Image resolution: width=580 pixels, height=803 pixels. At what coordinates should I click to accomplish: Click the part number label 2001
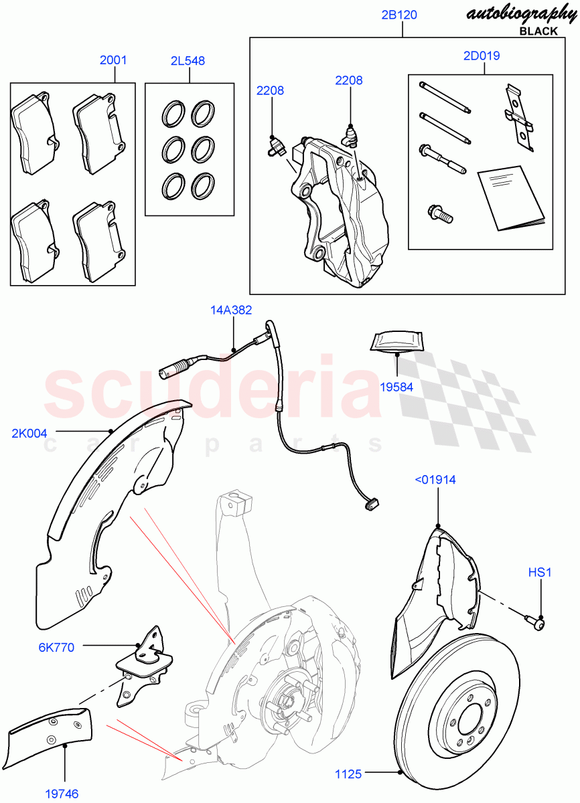113,60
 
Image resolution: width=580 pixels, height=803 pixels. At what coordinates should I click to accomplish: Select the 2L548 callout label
188,61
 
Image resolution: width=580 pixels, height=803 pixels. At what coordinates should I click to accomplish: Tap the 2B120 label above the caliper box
399,15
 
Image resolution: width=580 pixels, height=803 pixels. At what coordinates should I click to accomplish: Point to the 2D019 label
481,56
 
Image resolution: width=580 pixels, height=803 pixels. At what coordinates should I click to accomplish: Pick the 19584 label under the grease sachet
397,386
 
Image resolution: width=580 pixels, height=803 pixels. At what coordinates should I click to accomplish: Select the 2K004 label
29,433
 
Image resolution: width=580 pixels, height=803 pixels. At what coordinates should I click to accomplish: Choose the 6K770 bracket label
56,647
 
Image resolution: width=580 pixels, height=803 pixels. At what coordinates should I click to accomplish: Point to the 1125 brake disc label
348,774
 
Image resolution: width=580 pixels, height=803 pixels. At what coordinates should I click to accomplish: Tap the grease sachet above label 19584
396,340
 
